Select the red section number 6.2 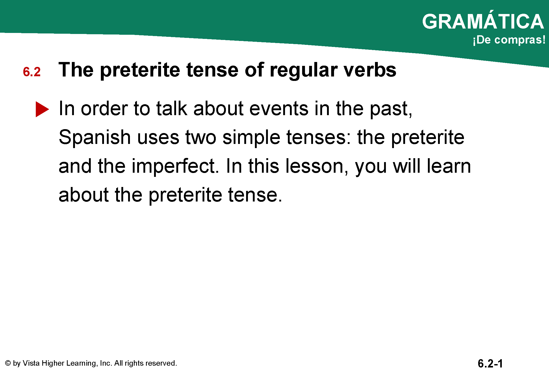(32, 72)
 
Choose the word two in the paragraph (201, 138)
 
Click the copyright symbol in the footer (8, 363)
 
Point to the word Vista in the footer (31, 363)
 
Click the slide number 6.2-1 (490, 364)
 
